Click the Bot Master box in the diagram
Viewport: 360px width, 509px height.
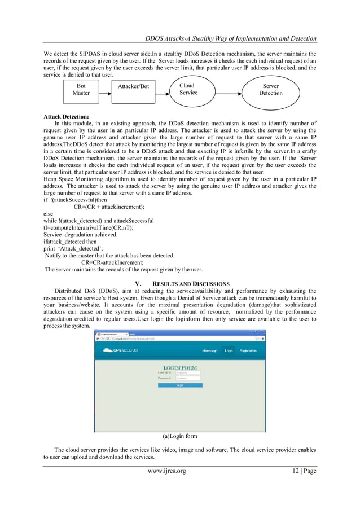coord(81,90)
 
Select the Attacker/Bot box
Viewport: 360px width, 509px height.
coord(133,86)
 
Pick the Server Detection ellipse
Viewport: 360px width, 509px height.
coord(270,90)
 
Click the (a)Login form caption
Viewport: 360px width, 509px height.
coord(179,436)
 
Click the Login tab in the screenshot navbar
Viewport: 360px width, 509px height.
coord(229,350)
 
